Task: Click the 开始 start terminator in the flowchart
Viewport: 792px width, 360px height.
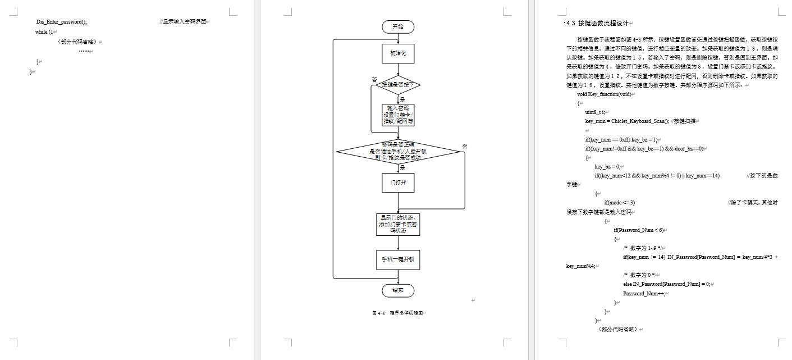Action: coord(398,26)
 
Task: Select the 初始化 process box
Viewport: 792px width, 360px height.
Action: coord(398,54)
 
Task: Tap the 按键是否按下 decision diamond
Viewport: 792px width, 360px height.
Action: coord(398,85)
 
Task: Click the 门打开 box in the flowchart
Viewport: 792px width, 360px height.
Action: coord(398,183)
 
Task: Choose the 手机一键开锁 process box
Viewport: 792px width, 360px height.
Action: coord(398,259)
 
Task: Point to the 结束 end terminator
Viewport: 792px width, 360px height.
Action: coord(398,290)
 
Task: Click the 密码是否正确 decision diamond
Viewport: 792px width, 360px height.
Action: coord(398,151)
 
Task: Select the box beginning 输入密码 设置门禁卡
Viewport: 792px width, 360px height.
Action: coord(398,115)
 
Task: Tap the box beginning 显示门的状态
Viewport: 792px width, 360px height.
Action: coord(398,224)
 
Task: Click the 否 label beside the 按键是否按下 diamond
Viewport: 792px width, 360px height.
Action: coord(374,80)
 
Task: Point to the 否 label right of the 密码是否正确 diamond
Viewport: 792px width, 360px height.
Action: coord(464,146)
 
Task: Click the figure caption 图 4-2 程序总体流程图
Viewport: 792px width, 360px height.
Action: coord(397,313)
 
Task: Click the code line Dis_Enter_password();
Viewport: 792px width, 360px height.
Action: coord(62,22)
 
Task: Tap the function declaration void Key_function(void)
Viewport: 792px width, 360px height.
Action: coord(604,94)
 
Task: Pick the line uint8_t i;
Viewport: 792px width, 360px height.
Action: coord(595,112)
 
